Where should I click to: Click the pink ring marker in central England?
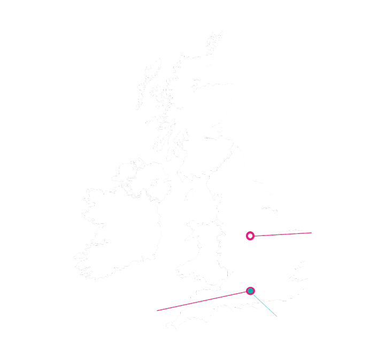(x=250, y=236)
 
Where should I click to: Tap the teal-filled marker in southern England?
(x=250, y=291)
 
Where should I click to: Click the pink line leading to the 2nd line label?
(x=283, y=234)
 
